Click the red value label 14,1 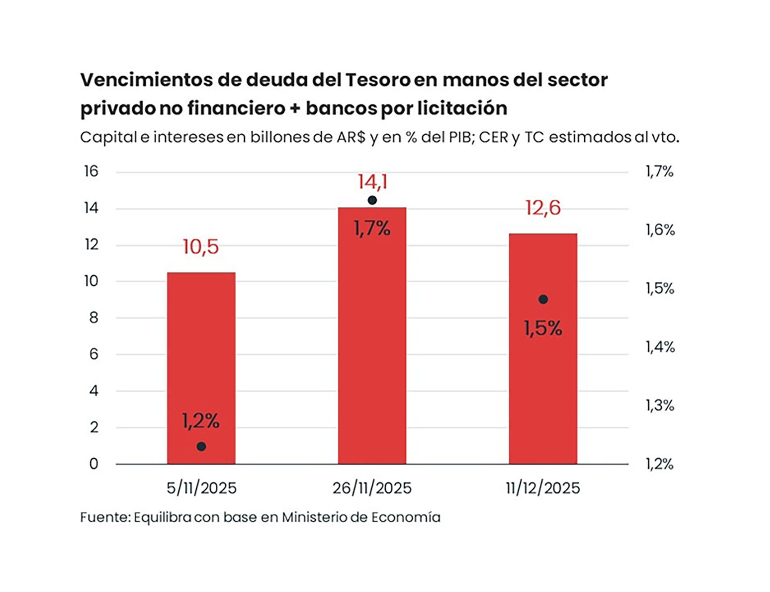pos(372,182)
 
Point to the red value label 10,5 pos(201,247)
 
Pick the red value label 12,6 pos(543,208)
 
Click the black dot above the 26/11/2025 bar pos(372,200)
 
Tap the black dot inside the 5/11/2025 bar pos(201,447)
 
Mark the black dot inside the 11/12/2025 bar pos(543,299)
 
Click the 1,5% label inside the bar pos(543,329)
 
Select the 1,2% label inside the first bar pos(201,421)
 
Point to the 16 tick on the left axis pos(91,172)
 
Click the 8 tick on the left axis pos(93,318)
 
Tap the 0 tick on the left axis pos(93,464)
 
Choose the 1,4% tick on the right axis pos(660,347)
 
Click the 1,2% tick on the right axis pos(659,464)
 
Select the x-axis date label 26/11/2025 pos(372,488)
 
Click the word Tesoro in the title pos(378,80)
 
